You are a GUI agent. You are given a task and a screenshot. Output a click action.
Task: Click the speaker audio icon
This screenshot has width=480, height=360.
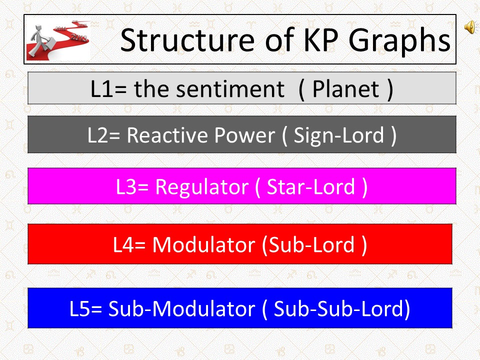coord(470,28)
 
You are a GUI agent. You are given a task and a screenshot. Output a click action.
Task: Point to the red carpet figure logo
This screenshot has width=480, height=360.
coord(57,39)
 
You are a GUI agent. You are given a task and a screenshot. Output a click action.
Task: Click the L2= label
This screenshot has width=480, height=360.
coord(104,135)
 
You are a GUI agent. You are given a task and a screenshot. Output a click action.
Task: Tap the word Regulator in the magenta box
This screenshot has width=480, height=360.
coord(202,186)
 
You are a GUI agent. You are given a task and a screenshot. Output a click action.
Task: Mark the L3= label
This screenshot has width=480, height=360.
coord(132,186)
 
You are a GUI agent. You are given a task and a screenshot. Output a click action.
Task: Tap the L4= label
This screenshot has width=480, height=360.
coord(130,244)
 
